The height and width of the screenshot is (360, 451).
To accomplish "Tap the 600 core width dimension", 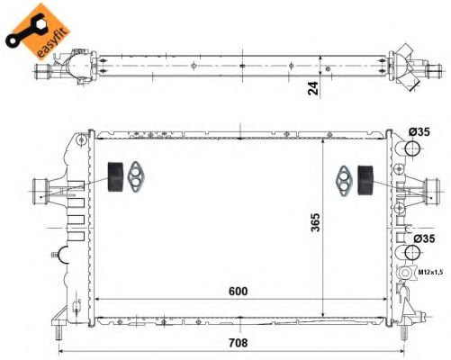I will point(238,292).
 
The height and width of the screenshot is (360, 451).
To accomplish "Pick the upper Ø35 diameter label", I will point(419,131).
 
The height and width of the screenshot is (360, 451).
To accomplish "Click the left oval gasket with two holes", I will point(138,175).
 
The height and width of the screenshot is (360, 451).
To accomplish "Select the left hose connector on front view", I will point(42,189).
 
